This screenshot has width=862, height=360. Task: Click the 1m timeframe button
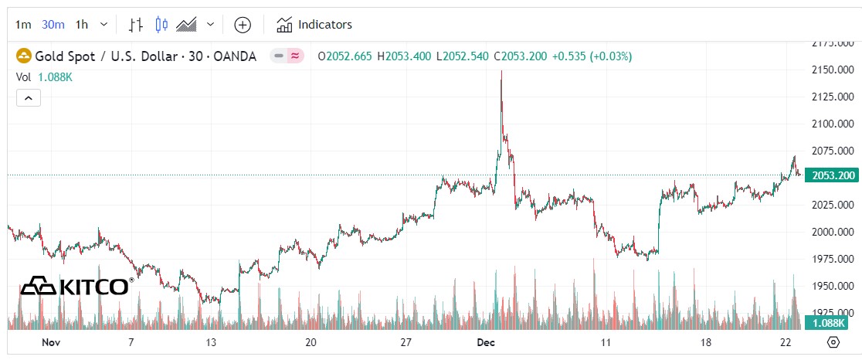click(x=23, y=25)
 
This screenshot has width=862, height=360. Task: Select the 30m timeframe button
click(x=53, y=25)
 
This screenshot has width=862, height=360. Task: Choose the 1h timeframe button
click(x=82, y=25)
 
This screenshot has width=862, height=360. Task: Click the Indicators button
click(x=314, y=25)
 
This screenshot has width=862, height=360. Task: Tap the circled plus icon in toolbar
click(x=243, y=25)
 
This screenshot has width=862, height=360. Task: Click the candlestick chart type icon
click(x=161, y=25)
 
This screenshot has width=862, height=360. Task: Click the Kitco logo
click(x=76, y=287)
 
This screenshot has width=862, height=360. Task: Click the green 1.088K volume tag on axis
click(x=830, y=322)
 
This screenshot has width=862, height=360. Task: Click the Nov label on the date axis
click(x=51, y=342)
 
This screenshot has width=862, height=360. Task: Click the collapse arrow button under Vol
click(x=28, y=98)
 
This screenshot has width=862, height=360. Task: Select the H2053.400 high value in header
click(x=405, y=56)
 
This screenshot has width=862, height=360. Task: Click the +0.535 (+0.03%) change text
click(x=592, y=56)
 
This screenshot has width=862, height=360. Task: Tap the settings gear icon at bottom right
click(x=833, y=342)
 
